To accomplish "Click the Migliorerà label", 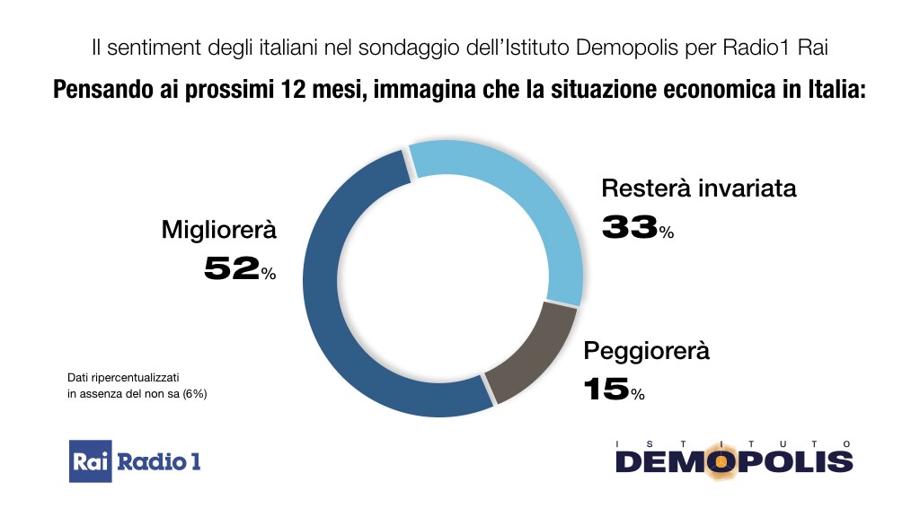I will (219, 230).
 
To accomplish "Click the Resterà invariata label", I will (699, 189).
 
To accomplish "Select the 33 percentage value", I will (630, 227).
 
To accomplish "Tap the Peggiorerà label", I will (647, 350).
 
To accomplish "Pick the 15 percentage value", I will (606, 389).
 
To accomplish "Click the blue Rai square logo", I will (91, 461).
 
